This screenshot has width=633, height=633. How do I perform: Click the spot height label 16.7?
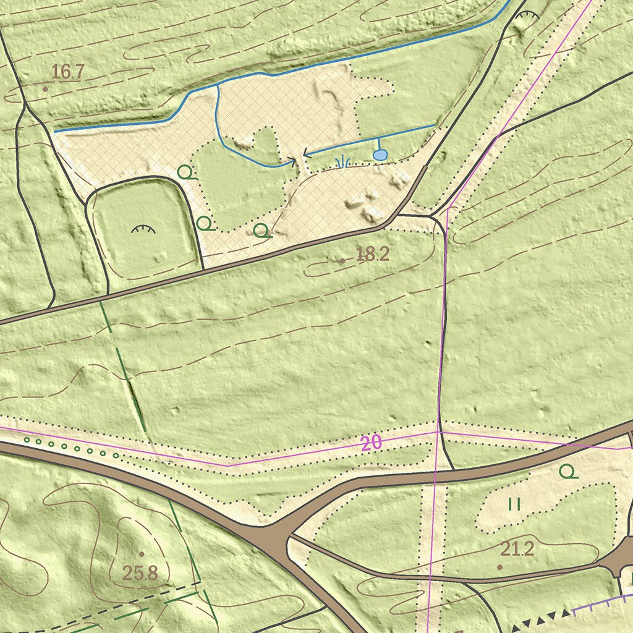[67, 72]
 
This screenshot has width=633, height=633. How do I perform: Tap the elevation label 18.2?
[373, 253]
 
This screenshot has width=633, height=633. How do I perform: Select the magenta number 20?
[371, 443]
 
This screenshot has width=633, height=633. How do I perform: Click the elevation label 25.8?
[140, 573]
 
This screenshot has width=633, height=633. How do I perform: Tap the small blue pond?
[380, 155]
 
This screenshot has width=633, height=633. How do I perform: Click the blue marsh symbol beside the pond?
[342, 163]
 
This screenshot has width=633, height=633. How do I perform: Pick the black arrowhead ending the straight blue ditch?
[304, 153]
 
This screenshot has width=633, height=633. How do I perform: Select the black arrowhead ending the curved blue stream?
[293, 163]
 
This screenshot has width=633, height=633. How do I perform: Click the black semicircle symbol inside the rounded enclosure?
[143, 229]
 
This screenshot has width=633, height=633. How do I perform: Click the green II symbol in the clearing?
[514, 504]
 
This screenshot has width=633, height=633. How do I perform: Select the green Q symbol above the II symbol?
[567, 472]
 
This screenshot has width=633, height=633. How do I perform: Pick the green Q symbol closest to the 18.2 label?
[262, 231]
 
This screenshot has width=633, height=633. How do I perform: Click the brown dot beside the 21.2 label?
[499, 566]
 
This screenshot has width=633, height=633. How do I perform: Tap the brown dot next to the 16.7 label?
[45, 89]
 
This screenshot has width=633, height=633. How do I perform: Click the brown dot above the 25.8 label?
[141, 554]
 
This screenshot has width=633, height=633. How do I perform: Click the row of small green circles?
[71, 447]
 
